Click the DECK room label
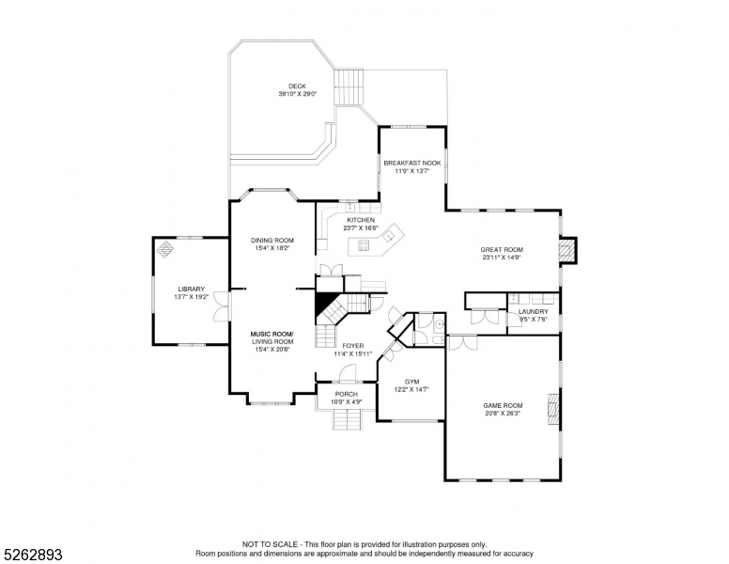(x=297, y=86)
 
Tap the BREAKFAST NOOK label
(x=411, y=163)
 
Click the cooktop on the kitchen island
(x=361, y=247)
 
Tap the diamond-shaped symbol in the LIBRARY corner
(x=165, y=249)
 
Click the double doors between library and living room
(x=223, y=305)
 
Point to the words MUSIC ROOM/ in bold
(x=271, y=334)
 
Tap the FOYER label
(x=353, y=345)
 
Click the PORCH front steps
(x=346, y=419)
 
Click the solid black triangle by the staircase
(x=326, y=305)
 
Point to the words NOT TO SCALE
(x=271, y=544)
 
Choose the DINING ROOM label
(x=271, y=240)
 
